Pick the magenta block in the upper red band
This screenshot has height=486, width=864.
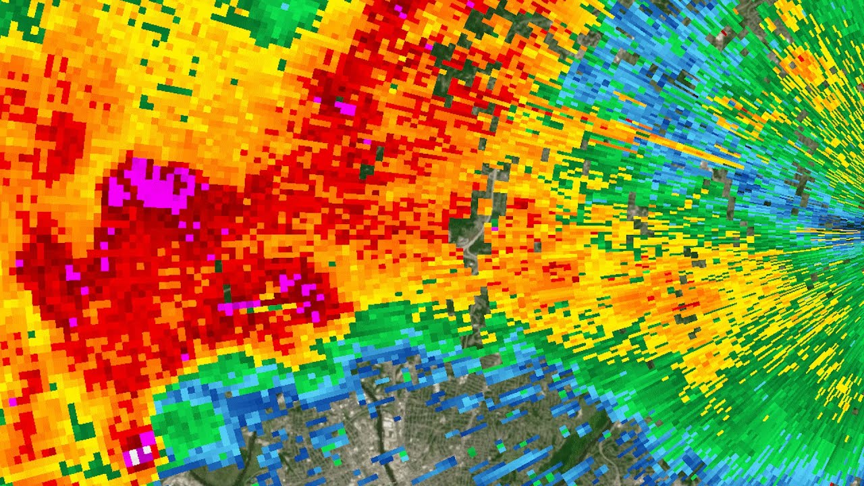tap(346, 107)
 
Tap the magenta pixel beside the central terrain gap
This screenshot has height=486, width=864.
tap(495, 229)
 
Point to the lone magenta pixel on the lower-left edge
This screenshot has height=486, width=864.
tap(12, 402)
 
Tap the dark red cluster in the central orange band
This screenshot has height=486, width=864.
tap(553, 270)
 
